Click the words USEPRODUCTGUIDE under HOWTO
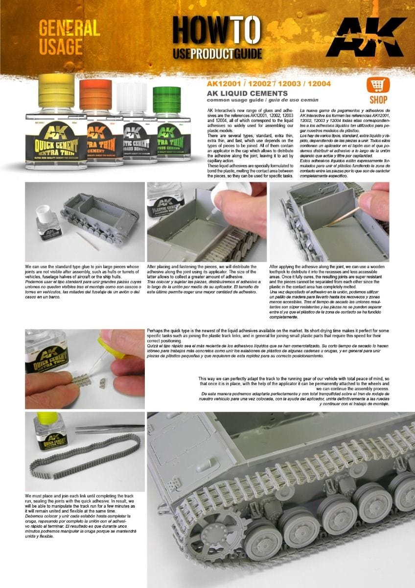point(217,54)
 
